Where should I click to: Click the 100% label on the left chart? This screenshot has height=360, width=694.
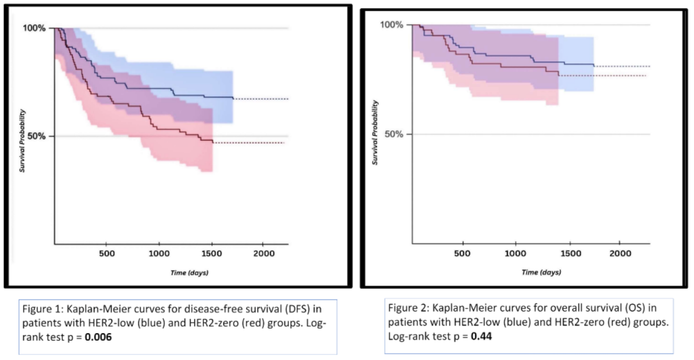click(34, 28)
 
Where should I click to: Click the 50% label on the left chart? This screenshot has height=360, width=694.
click(37, 136)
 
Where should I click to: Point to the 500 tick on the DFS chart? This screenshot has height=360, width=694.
click(107, 253)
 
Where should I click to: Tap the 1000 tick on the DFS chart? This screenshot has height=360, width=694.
click(159, 253)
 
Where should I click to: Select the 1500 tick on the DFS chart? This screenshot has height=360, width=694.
click(211, 253)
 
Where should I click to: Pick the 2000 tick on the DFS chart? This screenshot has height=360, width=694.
click(262, 253)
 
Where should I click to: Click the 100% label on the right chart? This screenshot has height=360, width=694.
click(392, 25)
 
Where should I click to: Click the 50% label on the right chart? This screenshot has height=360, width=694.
click(394, 134)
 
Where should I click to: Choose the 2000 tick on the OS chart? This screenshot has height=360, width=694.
click(619, 253)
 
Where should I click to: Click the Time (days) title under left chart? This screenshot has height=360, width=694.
click(189, 273)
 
